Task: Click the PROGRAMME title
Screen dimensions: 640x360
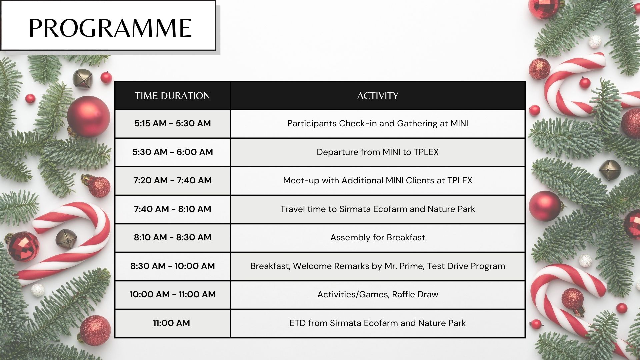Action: coord(110,28)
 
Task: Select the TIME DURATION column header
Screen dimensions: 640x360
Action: coord(172,96)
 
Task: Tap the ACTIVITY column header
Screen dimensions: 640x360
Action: coord(378,96)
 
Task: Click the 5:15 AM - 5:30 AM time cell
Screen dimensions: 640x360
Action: coord(173,123)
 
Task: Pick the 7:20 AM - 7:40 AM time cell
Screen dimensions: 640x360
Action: coord(173,180)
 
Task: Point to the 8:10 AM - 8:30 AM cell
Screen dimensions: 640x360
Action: coord(173,237)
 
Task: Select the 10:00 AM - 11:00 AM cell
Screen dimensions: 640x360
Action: coord(173,294)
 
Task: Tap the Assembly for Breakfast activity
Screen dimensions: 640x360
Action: coord(378,237)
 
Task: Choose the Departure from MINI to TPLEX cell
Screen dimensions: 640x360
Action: coord(378,152)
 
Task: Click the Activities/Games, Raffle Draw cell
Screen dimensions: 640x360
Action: coord(378,294)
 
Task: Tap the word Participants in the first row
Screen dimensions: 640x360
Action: coord(312,124)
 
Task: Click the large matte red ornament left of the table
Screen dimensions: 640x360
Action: coord(88,117)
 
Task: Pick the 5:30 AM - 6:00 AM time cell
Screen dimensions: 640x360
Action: coord(173,152)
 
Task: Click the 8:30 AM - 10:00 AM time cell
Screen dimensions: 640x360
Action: coord(173,266)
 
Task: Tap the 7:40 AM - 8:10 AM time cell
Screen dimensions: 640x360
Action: coord(173,209)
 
